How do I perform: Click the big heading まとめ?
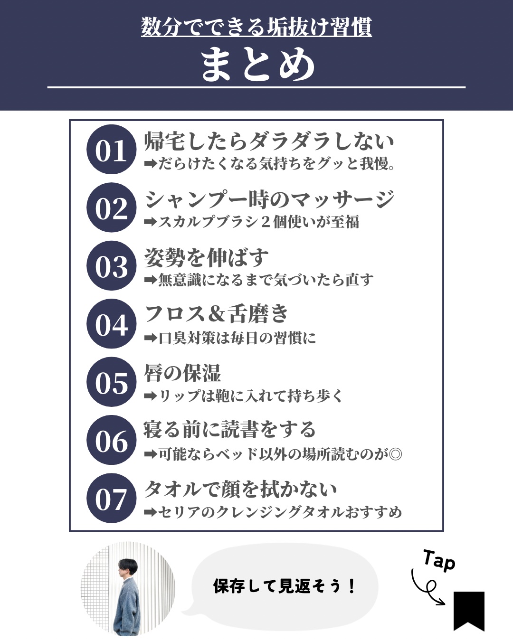click(257, 65)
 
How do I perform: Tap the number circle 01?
click(112, 150)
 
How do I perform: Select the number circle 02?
click(112, 207)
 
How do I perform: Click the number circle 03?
click(112, 266)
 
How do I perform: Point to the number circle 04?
click(112, 324)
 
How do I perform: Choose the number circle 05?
click(112, 382)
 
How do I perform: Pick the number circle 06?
click(112, 440)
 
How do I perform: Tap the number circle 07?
click(112, 499)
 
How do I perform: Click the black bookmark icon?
click(469, 610)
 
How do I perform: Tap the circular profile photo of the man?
click(128, 589)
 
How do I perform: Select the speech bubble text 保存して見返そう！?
click(284, 586)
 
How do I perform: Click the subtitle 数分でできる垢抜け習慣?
click(256, 27)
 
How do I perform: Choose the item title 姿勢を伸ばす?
click(207, 258)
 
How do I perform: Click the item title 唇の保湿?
click(182, 373)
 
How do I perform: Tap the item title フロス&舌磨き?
click(217, 314)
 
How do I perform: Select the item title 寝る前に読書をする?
click(229, 430)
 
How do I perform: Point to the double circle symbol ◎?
click(395, 454)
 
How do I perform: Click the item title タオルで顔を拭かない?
click(240, 489)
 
